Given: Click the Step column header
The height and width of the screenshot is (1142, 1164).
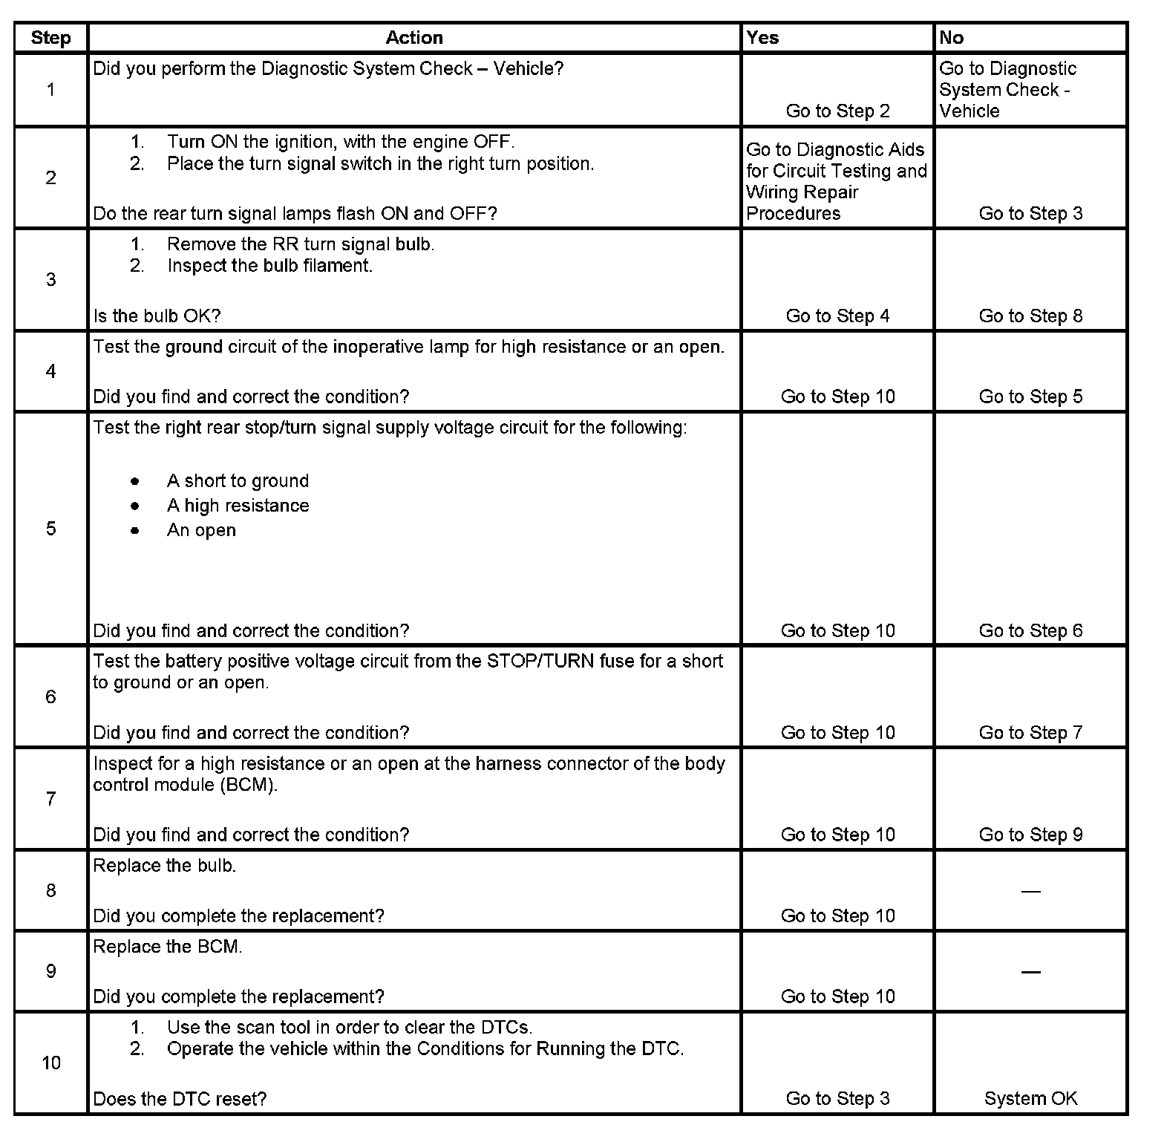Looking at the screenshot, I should (x=50, y=38).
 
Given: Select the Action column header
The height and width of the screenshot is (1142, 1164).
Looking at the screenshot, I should (x=414, y=38).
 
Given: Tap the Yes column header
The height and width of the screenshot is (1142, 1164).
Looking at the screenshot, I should (x=762, y=38).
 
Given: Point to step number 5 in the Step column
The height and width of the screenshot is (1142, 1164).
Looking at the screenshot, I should (x=50, y=529).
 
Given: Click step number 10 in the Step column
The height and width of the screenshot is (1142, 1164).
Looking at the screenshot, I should (x=50, y=1063).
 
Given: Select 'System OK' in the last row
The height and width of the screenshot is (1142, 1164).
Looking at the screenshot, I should (x=1030, y=1098).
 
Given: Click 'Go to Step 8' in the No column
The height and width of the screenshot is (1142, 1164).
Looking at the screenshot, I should (x=1030, y=316).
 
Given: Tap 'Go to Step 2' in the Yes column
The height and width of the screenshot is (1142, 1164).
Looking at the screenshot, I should (x=837, y=111).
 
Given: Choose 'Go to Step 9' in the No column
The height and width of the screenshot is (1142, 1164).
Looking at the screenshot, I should (x=1030, y=835).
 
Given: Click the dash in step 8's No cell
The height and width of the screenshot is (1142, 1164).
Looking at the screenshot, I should (x=1030, y=891).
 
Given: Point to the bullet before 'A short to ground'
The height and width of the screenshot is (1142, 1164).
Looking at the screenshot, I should (x=134, y=481).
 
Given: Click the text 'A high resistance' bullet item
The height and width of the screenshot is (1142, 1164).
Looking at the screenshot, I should (x=238, y=506).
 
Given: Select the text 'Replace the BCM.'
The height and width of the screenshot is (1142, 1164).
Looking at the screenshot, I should (x=168, y=947).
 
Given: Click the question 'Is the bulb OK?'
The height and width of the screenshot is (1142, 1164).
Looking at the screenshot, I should (x=157, y=316).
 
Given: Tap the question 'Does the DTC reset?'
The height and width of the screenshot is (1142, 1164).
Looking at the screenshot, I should (x=180, y=1098).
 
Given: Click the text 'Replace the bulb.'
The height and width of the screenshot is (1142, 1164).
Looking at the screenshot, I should (x=165, y=866).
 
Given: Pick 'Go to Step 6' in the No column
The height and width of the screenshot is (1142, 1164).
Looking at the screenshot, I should (x=1030, y=630).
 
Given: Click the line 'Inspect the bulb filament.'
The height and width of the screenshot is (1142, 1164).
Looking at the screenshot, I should (x=269, y=266).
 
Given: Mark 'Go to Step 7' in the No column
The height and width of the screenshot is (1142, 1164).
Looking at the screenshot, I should (x=1030, y=733).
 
